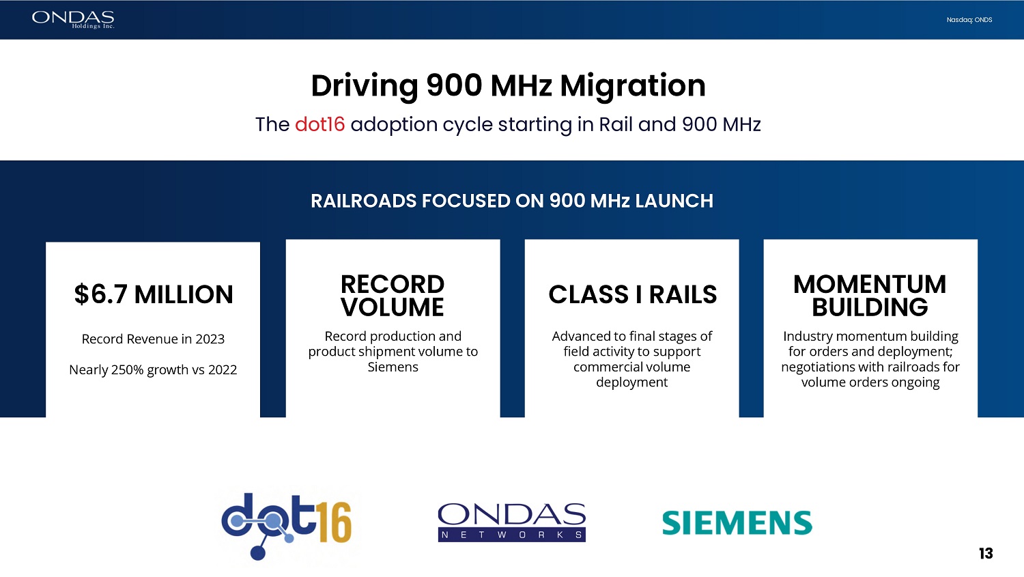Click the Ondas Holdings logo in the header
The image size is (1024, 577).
(73, 20)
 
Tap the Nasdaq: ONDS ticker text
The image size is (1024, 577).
(969, 20)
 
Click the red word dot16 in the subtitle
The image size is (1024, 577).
(320, 124)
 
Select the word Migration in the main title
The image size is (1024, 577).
(633, 86)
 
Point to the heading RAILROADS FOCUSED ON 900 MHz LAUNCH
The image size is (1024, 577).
(512, 201)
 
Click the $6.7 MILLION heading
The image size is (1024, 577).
(154, 294)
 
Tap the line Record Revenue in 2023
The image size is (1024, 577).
(153, 339)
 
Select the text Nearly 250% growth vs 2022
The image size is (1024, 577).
(153, 369)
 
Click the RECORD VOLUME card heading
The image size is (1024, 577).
(393, 296)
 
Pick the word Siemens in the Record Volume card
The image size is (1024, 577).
(393, 367)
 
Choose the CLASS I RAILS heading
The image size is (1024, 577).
(633, 294)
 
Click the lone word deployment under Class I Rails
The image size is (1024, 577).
(631, 382)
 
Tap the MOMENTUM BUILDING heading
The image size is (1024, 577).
(870, 296)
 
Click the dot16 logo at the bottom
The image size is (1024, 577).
(287, 526)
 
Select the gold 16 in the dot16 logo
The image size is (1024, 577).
(335, 522)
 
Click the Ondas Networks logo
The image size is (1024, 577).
(512, 522)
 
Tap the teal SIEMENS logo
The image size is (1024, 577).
(737, 522)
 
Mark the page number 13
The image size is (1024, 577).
(986, 554)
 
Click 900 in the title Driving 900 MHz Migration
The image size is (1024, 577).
(454, 86)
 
